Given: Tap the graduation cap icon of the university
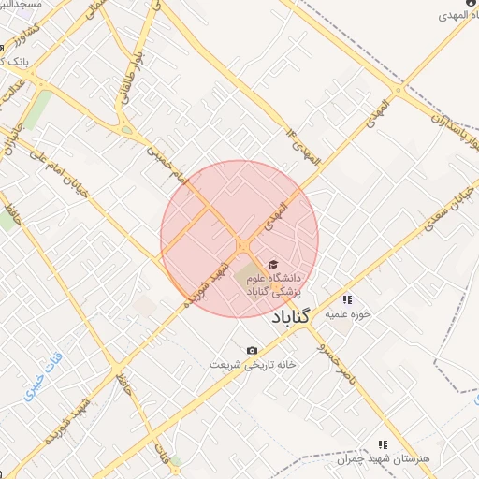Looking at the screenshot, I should [x=273, y=265].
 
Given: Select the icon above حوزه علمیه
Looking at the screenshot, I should [x=347, y=300].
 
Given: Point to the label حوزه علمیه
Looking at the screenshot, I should [x=348, y=314].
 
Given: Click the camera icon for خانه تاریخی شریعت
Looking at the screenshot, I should [x=251, y=351].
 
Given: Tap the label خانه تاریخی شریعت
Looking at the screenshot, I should [x=245, y=364].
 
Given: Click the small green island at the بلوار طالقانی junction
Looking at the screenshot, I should [x=127, y=130].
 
